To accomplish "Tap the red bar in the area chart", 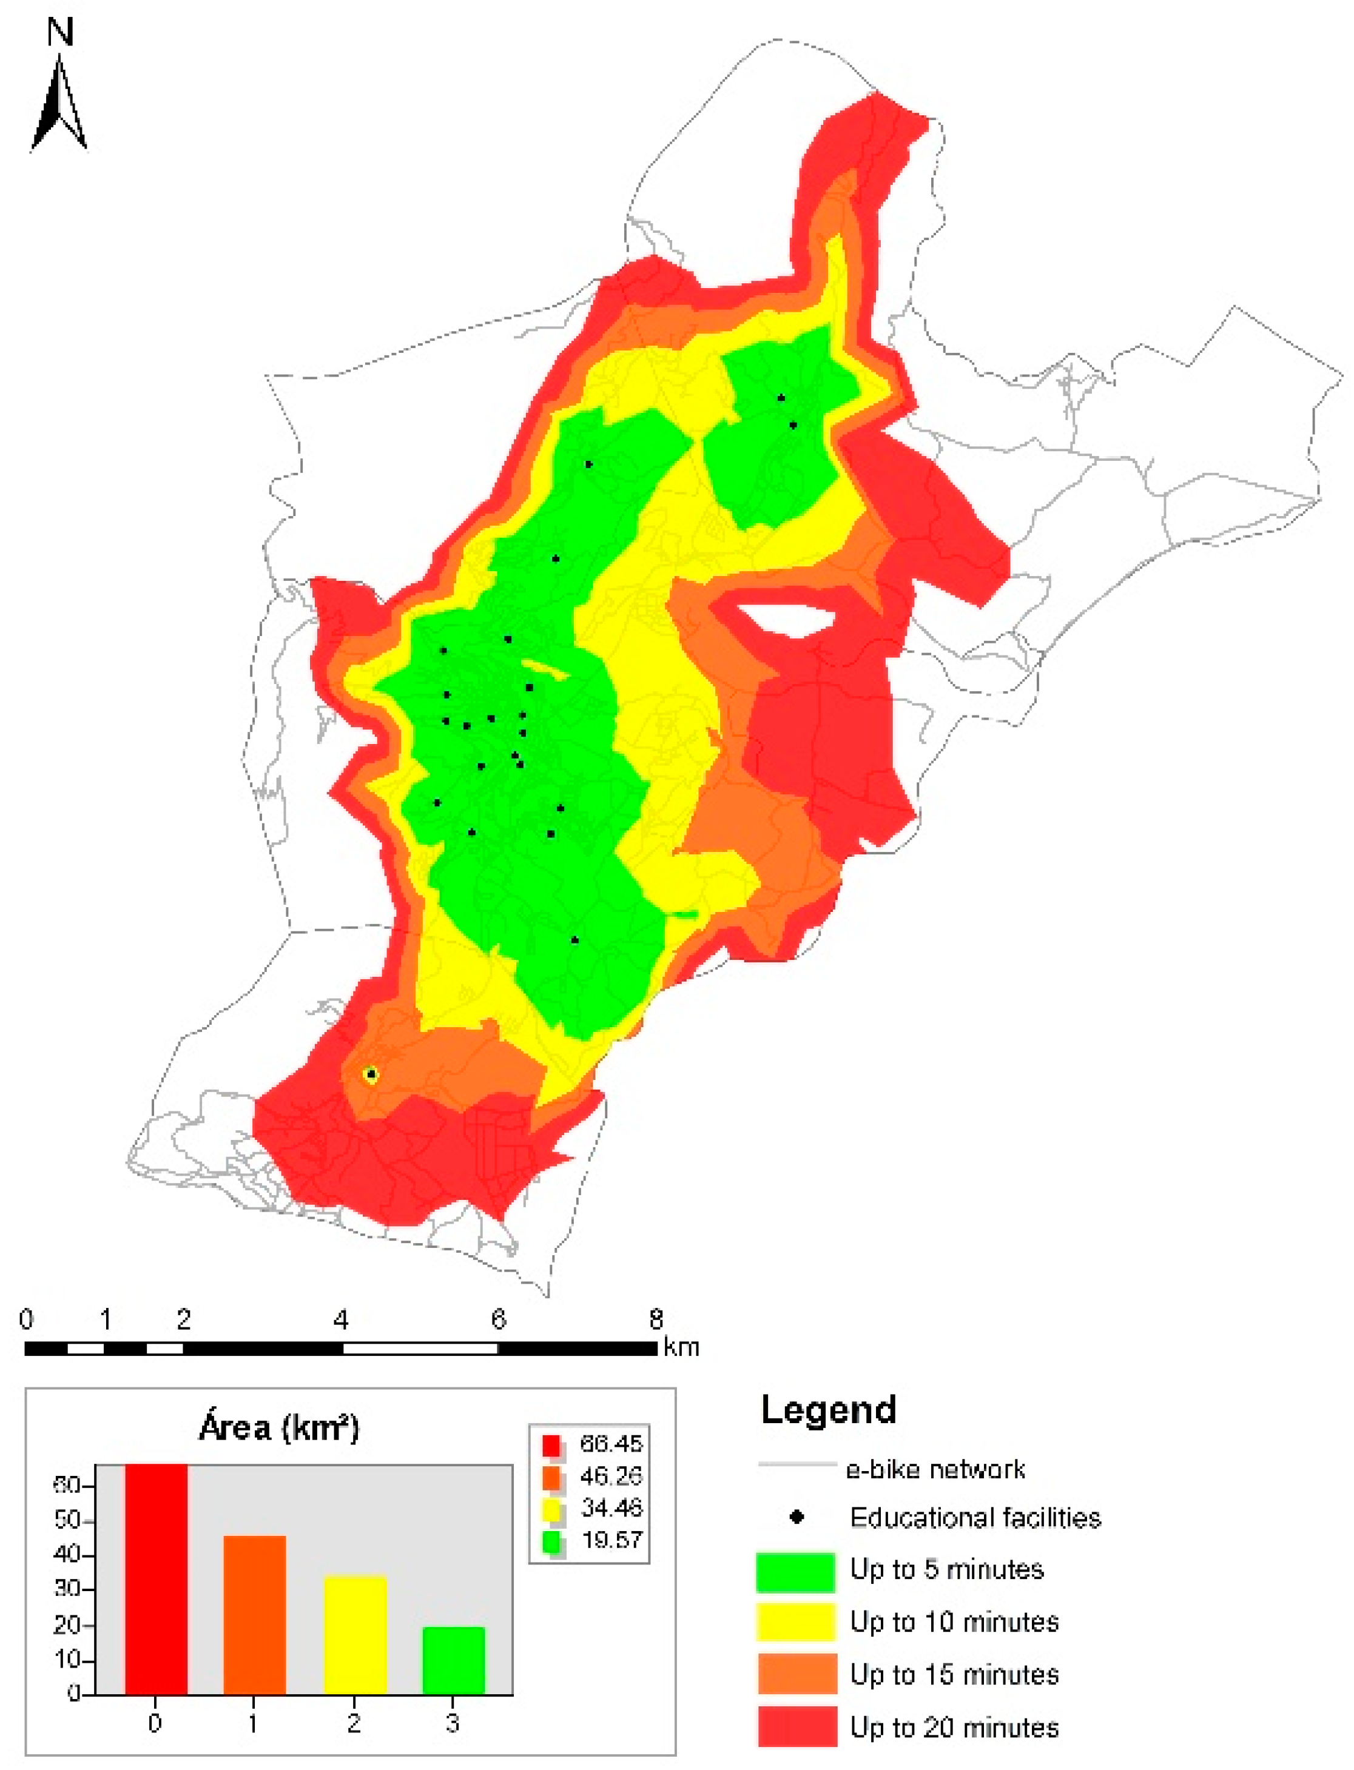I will tap(157, 1578).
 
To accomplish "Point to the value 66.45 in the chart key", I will tap(611, 1443).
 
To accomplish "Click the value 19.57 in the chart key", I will tap(611, 1540).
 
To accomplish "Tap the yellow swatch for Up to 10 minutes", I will tap(795, 1622).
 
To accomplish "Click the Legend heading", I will tap(829, 1410).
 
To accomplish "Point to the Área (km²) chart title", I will tap(279, 1427).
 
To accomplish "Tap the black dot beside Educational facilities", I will tap(797, 1517).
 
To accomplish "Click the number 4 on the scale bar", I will tap(341, 1319).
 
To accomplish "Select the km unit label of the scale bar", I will tap(681, 1346).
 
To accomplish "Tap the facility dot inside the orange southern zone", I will tap(371, 1074).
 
